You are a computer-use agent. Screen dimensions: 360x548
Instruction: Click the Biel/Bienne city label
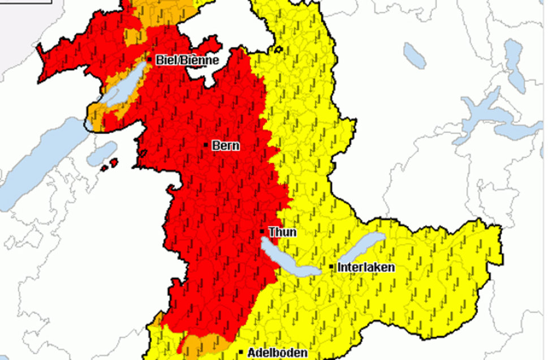187,60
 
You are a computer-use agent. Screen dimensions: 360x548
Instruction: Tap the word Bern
226,146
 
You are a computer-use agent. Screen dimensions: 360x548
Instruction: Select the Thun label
282,232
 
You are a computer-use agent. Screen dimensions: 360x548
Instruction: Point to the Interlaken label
366,267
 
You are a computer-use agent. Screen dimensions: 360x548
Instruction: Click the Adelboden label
278,353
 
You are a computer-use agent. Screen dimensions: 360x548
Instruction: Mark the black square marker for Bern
206,145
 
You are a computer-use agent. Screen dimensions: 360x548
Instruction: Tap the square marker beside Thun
262,232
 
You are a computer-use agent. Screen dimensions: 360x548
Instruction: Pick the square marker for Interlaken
331,267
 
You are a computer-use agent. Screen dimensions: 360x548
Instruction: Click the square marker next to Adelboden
241,352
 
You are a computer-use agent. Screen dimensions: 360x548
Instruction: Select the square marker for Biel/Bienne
150,59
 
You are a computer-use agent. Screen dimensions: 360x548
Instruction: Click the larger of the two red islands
114,163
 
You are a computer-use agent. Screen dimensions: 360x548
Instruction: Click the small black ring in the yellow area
278,49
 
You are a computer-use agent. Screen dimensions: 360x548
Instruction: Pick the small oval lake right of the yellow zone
415,55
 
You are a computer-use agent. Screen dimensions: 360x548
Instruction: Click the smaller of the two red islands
105,167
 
